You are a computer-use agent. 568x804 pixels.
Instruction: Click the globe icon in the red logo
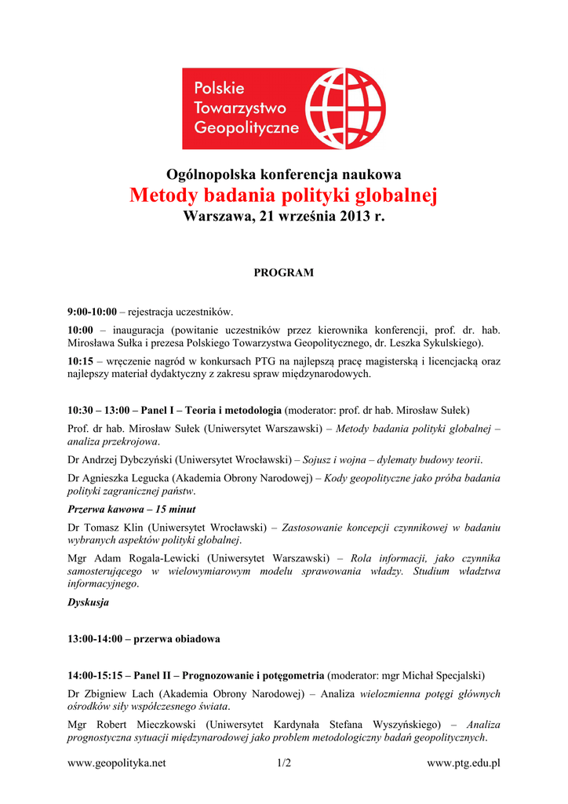pyautogui.click(x=344, y=108)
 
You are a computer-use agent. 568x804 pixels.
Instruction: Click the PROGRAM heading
pyautogui.click(x=283, y=272)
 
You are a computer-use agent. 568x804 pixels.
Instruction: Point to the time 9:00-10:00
pyautogui.click(x=92, y=312)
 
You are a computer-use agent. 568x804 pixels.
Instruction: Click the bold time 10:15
pyautogui.click(x=81, y=360)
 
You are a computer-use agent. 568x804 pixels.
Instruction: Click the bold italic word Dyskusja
pyautogui.click(x=88, y=602)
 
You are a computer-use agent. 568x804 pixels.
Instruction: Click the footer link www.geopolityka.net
pyautogui.click(x=117, y=762)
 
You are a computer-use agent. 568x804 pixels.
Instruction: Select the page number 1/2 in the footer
pyautogui.click(x=283, y=762)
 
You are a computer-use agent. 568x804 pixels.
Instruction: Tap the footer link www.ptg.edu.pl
pyautogui.click(x=463, y=762)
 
